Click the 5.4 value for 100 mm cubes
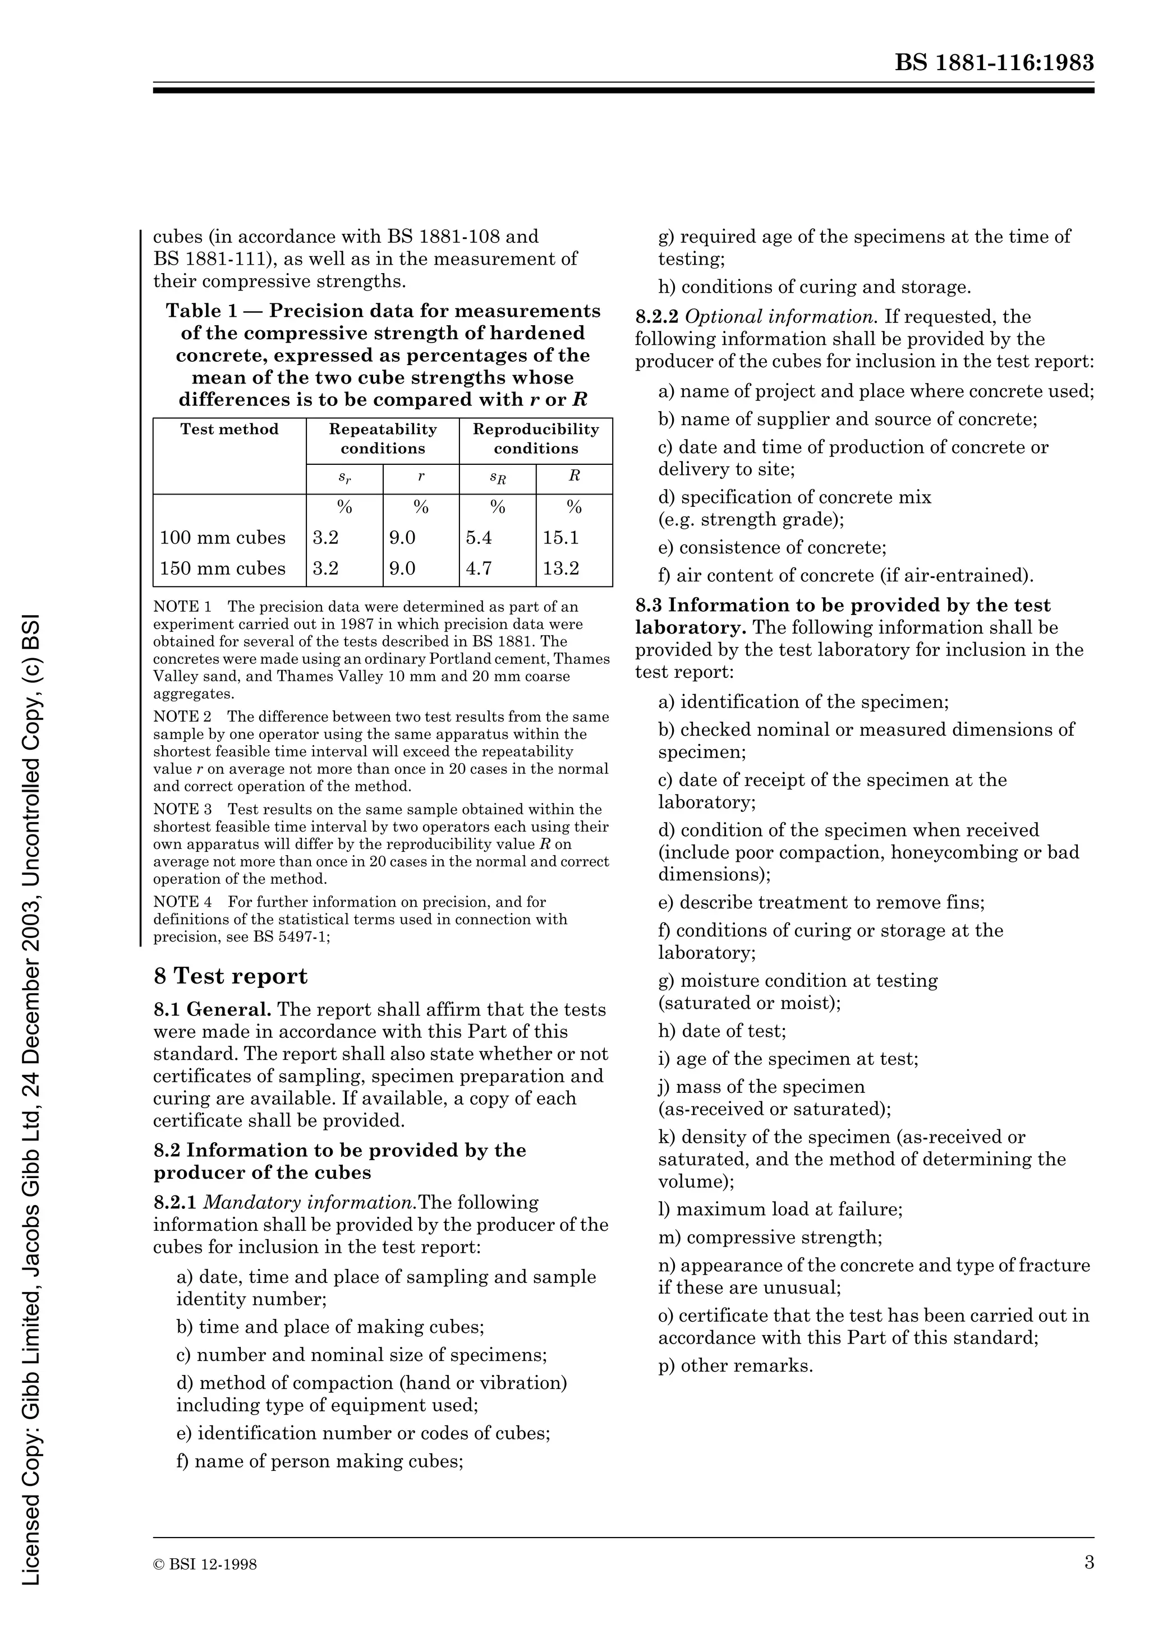tap(479, 538)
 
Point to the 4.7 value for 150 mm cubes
tap(479, 569)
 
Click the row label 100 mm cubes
tap(222, 538)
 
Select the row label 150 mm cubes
tap(222, 569)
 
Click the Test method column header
tap(229, 430)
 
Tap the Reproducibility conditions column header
tap(536, 439)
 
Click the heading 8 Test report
tap(231, 977)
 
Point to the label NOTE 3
tap(183, 810)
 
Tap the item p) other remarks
tap(736, 1365)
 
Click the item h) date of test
tap(722, 1031)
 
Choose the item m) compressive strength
tap(770, 1237)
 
